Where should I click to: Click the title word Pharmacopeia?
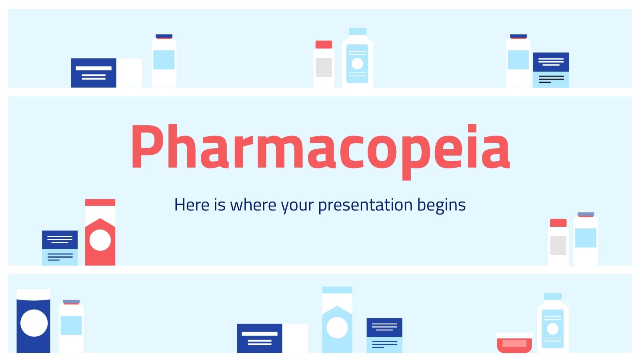click(320, 147)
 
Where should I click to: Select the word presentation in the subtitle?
click(365, 205)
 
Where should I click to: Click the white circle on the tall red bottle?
click(100, 240)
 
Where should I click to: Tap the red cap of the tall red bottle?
click(100, 202)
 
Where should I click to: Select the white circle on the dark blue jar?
click(34, 323)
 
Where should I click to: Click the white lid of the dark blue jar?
click(34, 294)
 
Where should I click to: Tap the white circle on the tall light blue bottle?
click(337, 328)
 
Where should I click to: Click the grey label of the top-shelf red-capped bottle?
click(324, 67)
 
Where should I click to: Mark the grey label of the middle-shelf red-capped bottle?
click(558, 246)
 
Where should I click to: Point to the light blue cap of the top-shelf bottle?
click(357, 31)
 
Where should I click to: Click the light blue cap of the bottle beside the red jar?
click(553, 296)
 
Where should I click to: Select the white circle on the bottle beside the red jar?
click(553, 329)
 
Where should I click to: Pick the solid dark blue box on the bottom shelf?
click(260, 338)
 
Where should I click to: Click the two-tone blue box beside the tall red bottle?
click(60, 248)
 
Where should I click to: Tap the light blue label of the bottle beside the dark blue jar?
click(71, 325)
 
